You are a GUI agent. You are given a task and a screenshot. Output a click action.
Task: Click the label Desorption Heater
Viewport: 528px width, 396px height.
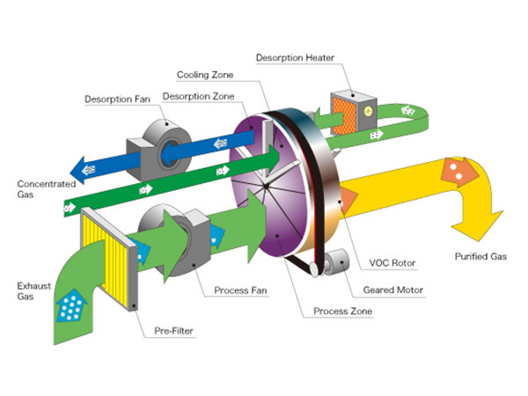pos(294,58)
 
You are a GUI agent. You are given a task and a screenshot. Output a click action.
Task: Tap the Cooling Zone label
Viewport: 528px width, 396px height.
pos(205,75)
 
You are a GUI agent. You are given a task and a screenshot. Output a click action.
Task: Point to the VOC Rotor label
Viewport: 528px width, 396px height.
pos(391,262)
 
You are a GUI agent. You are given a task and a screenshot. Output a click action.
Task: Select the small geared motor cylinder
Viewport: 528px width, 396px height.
pos(334,263)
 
